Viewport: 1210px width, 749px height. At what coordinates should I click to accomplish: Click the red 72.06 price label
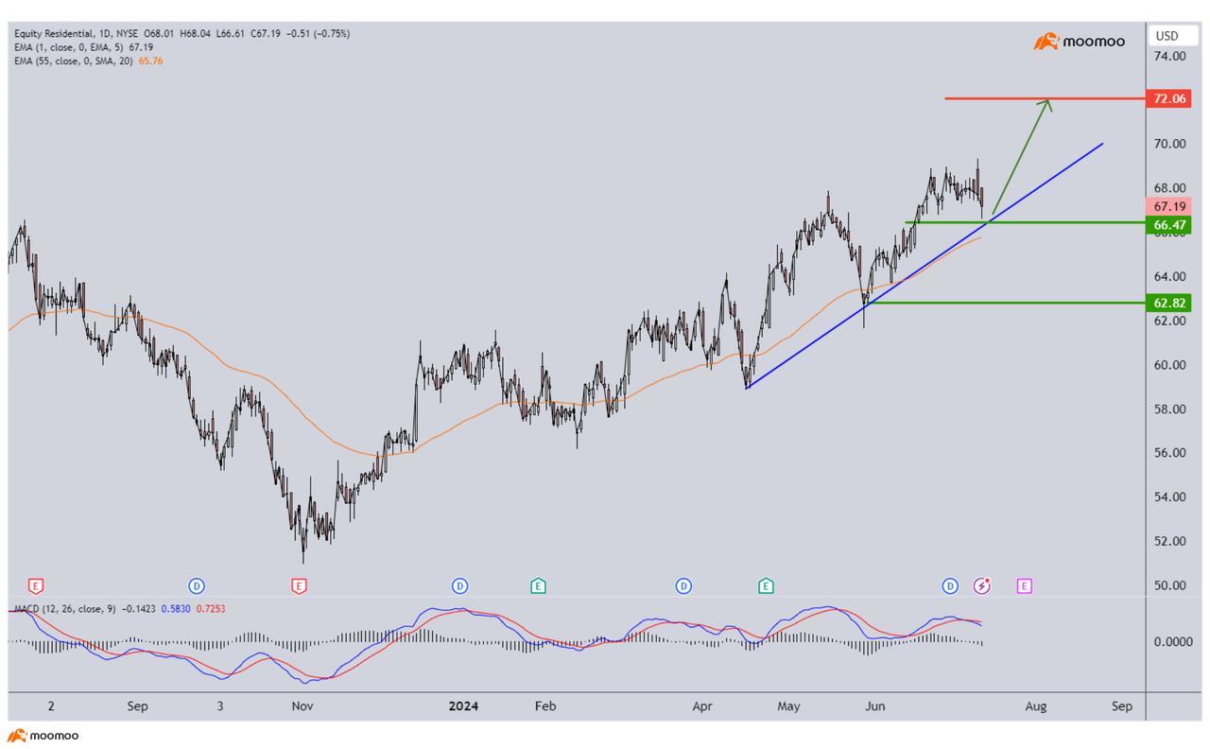tap(1167, 98)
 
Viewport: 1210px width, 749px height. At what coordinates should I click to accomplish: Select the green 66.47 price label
tap(1167, 225)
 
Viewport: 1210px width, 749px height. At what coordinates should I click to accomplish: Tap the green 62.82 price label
tap(1167, 303)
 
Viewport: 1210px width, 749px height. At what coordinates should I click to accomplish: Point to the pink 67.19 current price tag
tap(1167, 206)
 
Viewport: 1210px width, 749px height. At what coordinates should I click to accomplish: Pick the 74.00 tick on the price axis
tap(1169, 56)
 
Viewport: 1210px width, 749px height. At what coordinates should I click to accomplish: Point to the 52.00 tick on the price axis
tap(1169, 541)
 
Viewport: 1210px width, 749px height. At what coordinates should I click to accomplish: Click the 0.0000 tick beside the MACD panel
tap(1171, 641)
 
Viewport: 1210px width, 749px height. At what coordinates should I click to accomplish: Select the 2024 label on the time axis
tap(463, 705)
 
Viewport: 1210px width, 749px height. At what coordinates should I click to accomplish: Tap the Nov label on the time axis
tap(302, 705)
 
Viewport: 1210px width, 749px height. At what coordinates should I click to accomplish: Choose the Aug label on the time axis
tap(1036, 705)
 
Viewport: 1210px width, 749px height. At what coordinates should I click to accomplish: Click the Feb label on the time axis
tap(544, 705)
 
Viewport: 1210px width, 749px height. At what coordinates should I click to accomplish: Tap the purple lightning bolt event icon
tap(983, 586)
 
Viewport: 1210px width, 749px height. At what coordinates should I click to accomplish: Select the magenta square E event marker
tap(1024, 586)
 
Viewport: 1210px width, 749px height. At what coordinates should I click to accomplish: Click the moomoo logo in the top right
tap(1080, 42)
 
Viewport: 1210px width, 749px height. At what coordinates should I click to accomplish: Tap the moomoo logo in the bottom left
tap(43, 735)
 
